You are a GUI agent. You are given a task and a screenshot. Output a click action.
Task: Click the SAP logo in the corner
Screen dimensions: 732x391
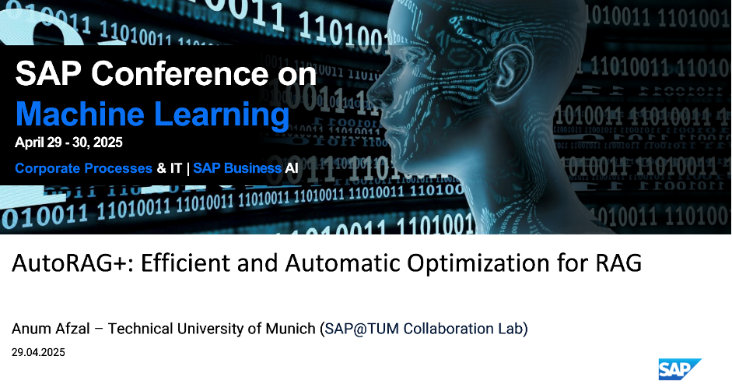click(680, 369)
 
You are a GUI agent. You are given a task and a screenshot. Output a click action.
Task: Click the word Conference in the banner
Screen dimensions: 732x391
click(180, 73)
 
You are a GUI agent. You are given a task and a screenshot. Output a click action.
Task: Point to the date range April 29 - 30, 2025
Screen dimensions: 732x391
click(68, 143)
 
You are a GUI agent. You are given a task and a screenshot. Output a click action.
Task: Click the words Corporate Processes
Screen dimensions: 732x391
click(83, 168)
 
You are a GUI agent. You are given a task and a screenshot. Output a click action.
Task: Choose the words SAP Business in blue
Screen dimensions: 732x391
click(237, 168)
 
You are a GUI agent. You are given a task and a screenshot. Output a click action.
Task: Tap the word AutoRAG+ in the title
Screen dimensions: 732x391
click(72, 262)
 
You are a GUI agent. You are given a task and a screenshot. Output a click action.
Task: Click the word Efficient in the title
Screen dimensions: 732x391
click(185, 262)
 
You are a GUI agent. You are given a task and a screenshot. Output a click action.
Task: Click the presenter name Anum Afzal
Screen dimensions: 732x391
click(51, 329)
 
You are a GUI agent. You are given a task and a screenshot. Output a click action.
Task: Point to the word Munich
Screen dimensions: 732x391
click(290, 329)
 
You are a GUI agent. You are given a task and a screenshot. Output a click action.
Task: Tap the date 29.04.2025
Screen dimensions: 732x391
click(38, 352)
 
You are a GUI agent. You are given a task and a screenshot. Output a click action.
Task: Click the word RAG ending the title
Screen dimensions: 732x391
click(618, 262)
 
